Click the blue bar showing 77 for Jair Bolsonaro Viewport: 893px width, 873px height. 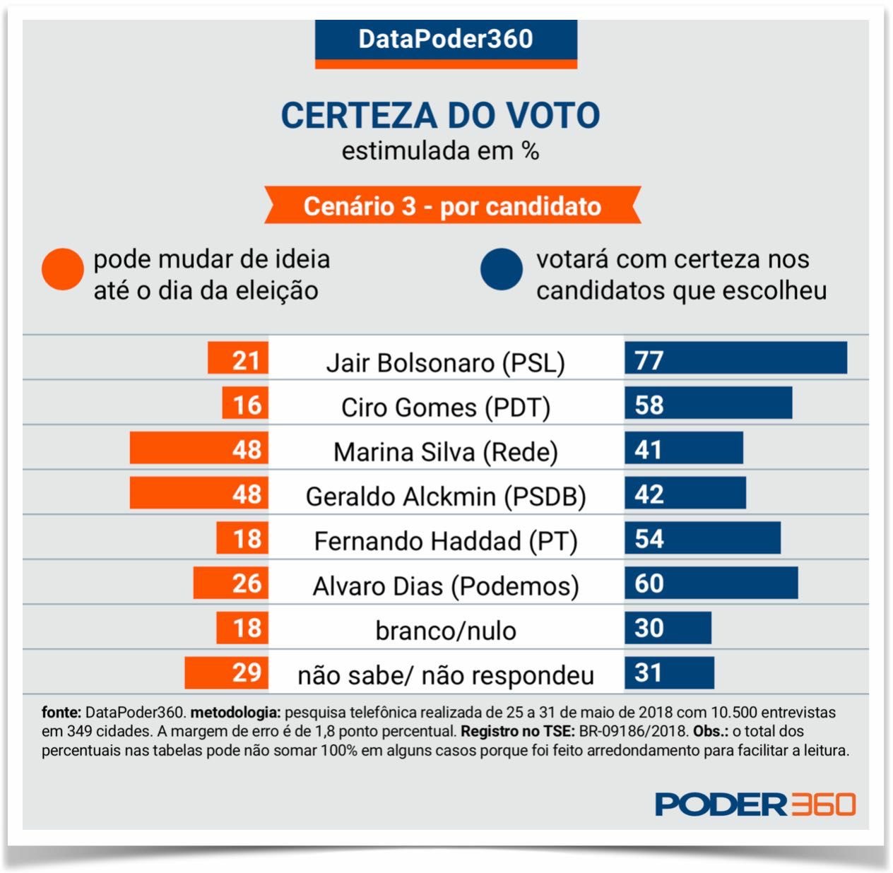[735, 358]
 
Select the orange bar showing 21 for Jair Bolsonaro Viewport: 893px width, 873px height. [238, 359]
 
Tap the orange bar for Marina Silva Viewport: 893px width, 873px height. [199, 449]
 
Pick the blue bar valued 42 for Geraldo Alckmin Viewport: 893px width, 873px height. [685, 493]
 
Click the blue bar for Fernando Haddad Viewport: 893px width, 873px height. [702, 538]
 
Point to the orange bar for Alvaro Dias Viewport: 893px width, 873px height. [231, 583]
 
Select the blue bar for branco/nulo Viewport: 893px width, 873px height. [668, 627]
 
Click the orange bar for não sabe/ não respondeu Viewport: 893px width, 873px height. [227, 672]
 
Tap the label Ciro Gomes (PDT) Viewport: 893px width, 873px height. [445, 408]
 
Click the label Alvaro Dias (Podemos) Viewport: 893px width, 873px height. [445, 586]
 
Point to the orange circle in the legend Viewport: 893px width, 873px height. [63, 269]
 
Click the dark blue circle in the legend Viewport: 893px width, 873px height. [501, 269]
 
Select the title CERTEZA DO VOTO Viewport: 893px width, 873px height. [440, 116]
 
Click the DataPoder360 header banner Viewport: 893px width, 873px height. [446, 41]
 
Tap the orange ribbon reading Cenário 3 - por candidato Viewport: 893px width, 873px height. [452, 206]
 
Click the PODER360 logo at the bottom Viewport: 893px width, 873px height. [755, 804]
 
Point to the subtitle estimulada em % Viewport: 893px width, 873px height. [440, 151]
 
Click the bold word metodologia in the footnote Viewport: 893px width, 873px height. [235, 713]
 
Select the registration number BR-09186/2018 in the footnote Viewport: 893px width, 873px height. [633, 732]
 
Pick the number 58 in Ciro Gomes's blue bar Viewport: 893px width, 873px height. [649, 405]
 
